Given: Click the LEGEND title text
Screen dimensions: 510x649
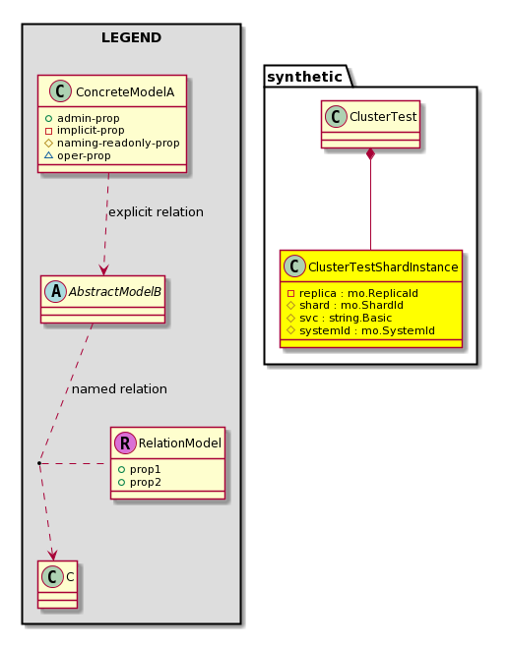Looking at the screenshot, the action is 131,37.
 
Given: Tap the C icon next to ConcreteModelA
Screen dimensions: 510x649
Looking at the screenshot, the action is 60,91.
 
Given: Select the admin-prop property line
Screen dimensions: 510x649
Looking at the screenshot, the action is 82,118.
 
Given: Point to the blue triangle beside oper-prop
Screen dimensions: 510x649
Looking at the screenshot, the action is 48,155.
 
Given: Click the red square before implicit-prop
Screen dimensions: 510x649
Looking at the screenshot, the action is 48,131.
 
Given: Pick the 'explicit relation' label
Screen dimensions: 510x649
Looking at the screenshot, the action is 156,212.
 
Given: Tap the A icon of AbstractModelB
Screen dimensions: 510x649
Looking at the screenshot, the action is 56,291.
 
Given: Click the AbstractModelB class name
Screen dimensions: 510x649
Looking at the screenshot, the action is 115,292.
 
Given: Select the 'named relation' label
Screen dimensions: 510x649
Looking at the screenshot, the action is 119,389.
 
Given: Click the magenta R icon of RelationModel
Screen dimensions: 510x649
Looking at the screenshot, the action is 125,442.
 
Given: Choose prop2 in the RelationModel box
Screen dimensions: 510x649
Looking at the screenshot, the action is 140,482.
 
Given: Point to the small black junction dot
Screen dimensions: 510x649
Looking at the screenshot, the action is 39,463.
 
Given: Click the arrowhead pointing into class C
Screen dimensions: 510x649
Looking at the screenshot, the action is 52,555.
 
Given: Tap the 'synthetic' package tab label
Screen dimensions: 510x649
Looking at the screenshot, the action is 304,77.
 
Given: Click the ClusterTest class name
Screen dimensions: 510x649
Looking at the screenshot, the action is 383,117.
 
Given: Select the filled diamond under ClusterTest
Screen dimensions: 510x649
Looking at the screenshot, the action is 370,154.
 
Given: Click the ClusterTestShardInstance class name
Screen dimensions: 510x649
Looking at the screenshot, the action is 383,266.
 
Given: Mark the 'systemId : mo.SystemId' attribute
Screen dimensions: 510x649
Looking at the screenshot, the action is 361,330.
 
